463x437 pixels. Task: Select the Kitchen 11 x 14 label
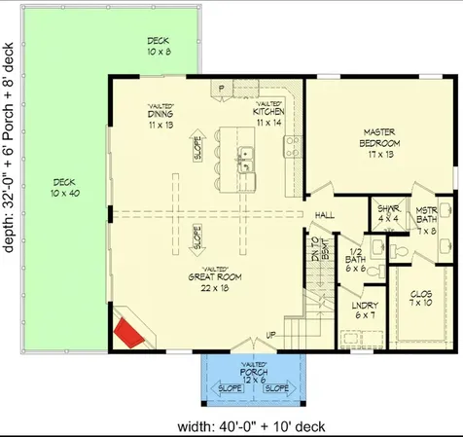(268, 118)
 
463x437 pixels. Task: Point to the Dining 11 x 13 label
(160, 120)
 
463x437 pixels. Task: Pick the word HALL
(325, 215)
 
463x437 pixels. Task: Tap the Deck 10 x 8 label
(158, 47)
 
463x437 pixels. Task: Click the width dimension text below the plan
(251, 425)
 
